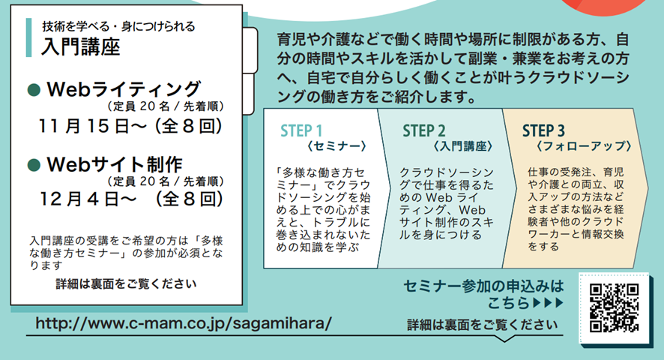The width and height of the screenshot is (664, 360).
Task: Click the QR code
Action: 614,308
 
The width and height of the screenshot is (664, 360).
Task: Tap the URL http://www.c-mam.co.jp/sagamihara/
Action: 184,323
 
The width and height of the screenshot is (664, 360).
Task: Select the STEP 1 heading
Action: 301,130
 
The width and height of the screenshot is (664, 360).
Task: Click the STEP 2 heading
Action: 424,130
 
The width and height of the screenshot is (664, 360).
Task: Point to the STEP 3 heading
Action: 543,130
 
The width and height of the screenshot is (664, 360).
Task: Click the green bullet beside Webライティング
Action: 34,90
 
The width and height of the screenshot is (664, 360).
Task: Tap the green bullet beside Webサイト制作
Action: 34,165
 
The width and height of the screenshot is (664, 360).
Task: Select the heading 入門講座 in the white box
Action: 80,46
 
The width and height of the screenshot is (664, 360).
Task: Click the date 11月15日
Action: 83,126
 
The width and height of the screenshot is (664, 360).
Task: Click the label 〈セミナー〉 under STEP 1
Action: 336,146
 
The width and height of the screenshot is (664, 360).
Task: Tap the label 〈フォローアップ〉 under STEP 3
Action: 584,146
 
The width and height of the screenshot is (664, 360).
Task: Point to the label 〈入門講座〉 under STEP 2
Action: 463,146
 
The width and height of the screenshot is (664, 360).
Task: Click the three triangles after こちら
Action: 548,303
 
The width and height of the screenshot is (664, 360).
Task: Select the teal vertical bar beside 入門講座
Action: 28,37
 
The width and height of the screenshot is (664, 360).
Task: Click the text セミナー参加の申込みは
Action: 483,286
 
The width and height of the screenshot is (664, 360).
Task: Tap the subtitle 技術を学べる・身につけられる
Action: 118,26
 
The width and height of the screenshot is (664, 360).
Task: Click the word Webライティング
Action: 124,89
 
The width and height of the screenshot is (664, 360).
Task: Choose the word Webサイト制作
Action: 115,164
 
